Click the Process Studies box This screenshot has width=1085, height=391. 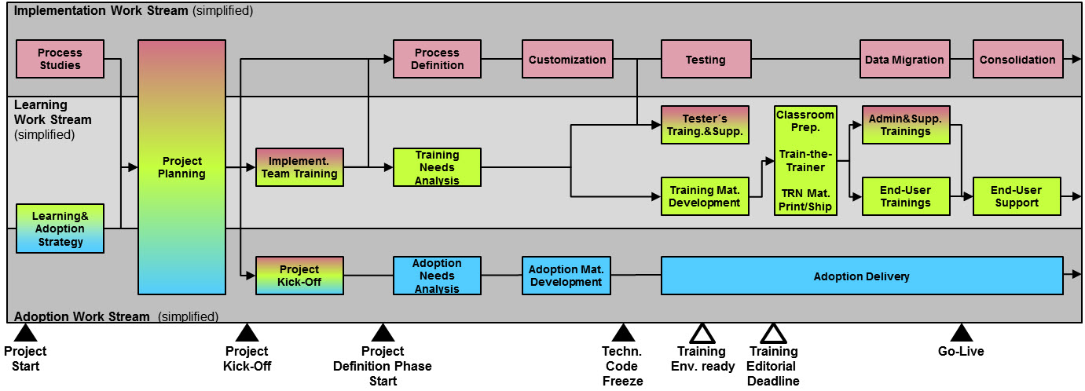click(x=60, y=59)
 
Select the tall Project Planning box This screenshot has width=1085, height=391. click(x=181, y=167)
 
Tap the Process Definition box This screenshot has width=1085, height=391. click(x=437, y=59)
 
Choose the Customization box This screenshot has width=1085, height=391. click(x=567, y=59)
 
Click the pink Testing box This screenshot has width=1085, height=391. click(x=706, y=59)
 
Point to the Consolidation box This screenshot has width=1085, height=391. click(x=1017, y=59)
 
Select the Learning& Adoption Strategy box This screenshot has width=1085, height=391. click(x=60, y=228)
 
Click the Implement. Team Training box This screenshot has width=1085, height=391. click(x=299, y=167)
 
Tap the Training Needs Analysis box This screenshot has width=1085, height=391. click(x=437, y=167)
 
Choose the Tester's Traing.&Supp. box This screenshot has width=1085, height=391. click(x=706, y=125)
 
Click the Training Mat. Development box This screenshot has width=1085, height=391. click(x=705, y=196)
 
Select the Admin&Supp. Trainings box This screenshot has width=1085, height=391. click(x=906, y=125)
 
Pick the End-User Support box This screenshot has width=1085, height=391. click(x=1017, y=196)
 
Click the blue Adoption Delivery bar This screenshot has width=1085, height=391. click(x=861, y=276)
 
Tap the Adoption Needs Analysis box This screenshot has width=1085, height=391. click(x=437, y=276)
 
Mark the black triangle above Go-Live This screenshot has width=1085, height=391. click(x=961, y=333)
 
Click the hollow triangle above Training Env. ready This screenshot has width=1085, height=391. click(x=701, y=333)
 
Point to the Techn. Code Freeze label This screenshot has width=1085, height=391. click(x=622, y=366)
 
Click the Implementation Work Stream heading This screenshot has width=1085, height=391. click(x=101, y=11)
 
